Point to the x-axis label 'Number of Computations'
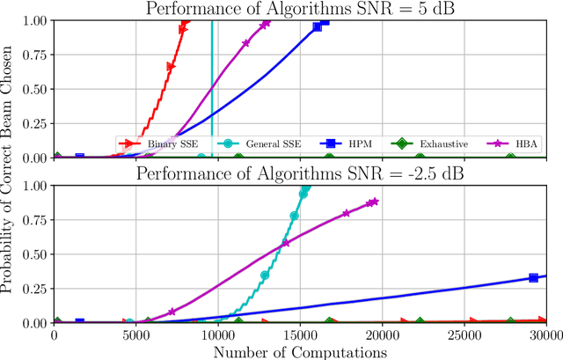point(300,352)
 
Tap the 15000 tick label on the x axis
point(300,335)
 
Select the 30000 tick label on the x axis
point(545,335)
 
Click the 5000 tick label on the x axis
point(136,335)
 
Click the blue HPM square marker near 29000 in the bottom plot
point(533,278)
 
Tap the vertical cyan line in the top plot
point(212,79)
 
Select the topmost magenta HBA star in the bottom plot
point(373,202)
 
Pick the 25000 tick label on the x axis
point(464,335)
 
